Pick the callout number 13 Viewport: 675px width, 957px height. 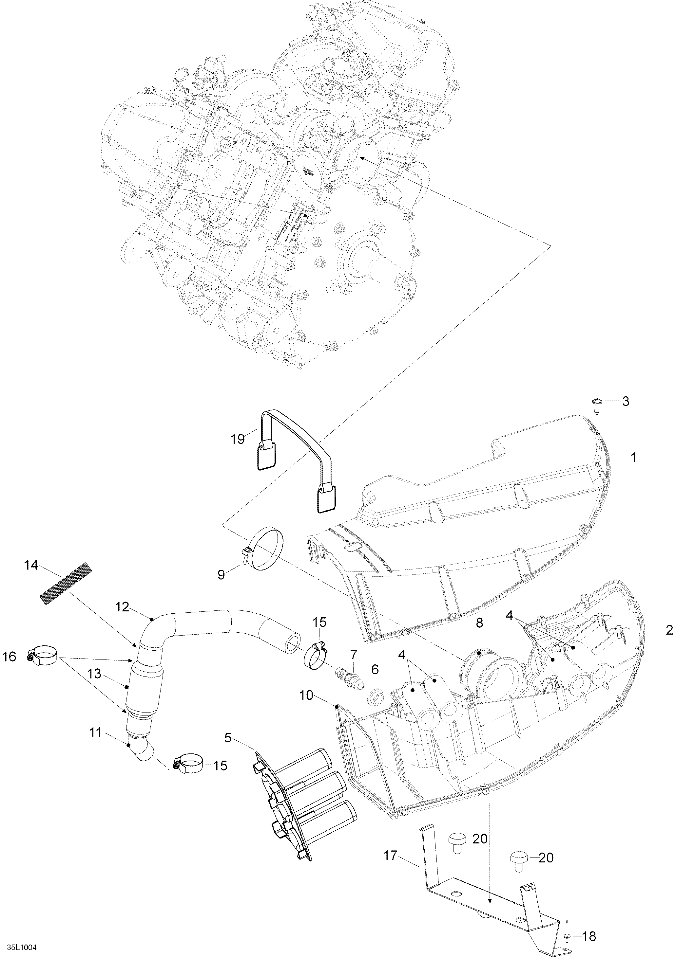pyautogui.click(x=95, y=674)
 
